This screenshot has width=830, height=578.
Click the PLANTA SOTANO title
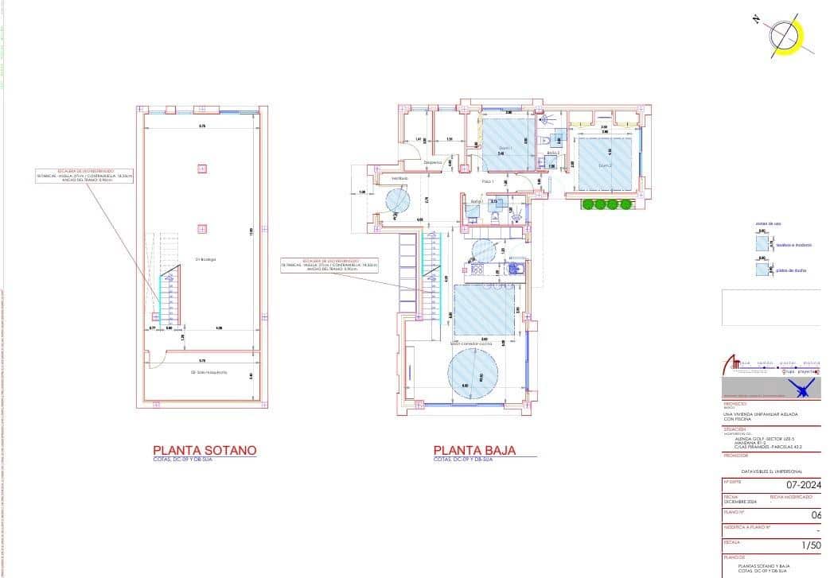[x=205, y=450]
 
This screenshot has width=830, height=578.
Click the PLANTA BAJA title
[x=474, y=450]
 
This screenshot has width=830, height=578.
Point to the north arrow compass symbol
[x=785, y=36]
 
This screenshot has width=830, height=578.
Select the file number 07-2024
[x=804, y=483]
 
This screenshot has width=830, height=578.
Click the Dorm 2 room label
[x=605, y=165]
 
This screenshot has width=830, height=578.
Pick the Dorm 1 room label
[x=505, y=149]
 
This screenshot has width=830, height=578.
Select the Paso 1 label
[x=488, y=182]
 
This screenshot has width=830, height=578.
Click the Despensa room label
[x=433, y=162]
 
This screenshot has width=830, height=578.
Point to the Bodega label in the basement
[x=205, y=259]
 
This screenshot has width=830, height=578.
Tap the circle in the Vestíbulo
[x=398, y=200]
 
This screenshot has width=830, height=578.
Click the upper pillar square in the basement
[x=202, y=168]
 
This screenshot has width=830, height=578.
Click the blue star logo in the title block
[x=802, y=389]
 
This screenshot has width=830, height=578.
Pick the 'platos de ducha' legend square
[x=762, y=269]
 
